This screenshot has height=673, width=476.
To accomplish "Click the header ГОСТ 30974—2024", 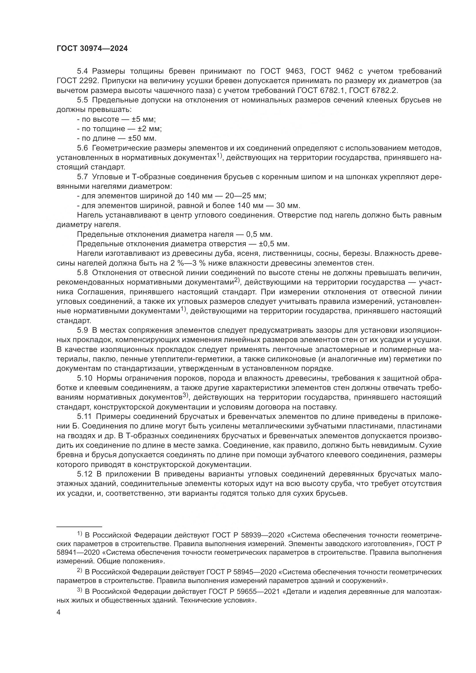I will pyautogui.click(x=92, y=49).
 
